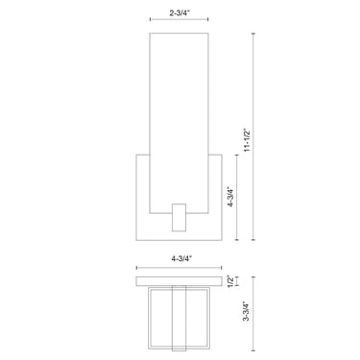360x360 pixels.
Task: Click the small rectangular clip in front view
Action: coord(180,215)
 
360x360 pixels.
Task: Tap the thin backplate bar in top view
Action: coord(179,280)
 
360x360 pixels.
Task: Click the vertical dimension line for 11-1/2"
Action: coord(253,133)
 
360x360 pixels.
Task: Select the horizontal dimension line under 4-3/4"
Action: coord(179,268)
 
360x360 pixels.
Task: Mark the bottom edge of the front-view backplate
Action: coord(179,240)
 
